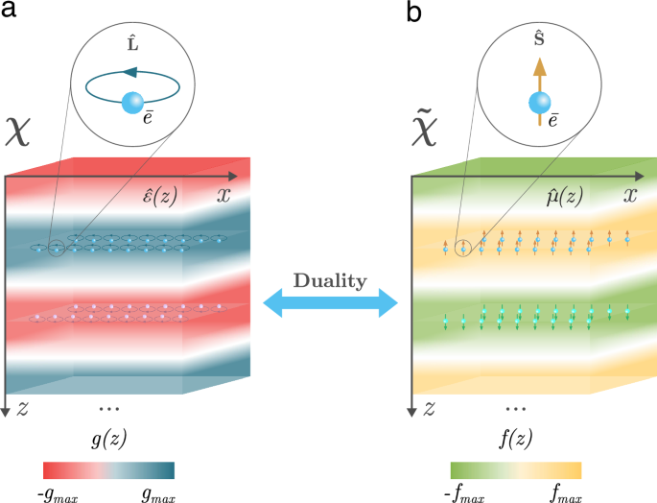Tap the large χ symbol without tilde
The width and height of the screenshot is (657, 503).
tap(21, 131)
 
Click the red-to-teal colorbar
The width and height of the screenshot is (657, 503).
tap(108, 469)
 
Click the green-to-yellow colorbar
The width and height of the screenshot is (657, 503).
tap(516, 469)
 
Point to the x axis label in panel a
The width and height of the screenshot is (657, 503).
tap(224, 196)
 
